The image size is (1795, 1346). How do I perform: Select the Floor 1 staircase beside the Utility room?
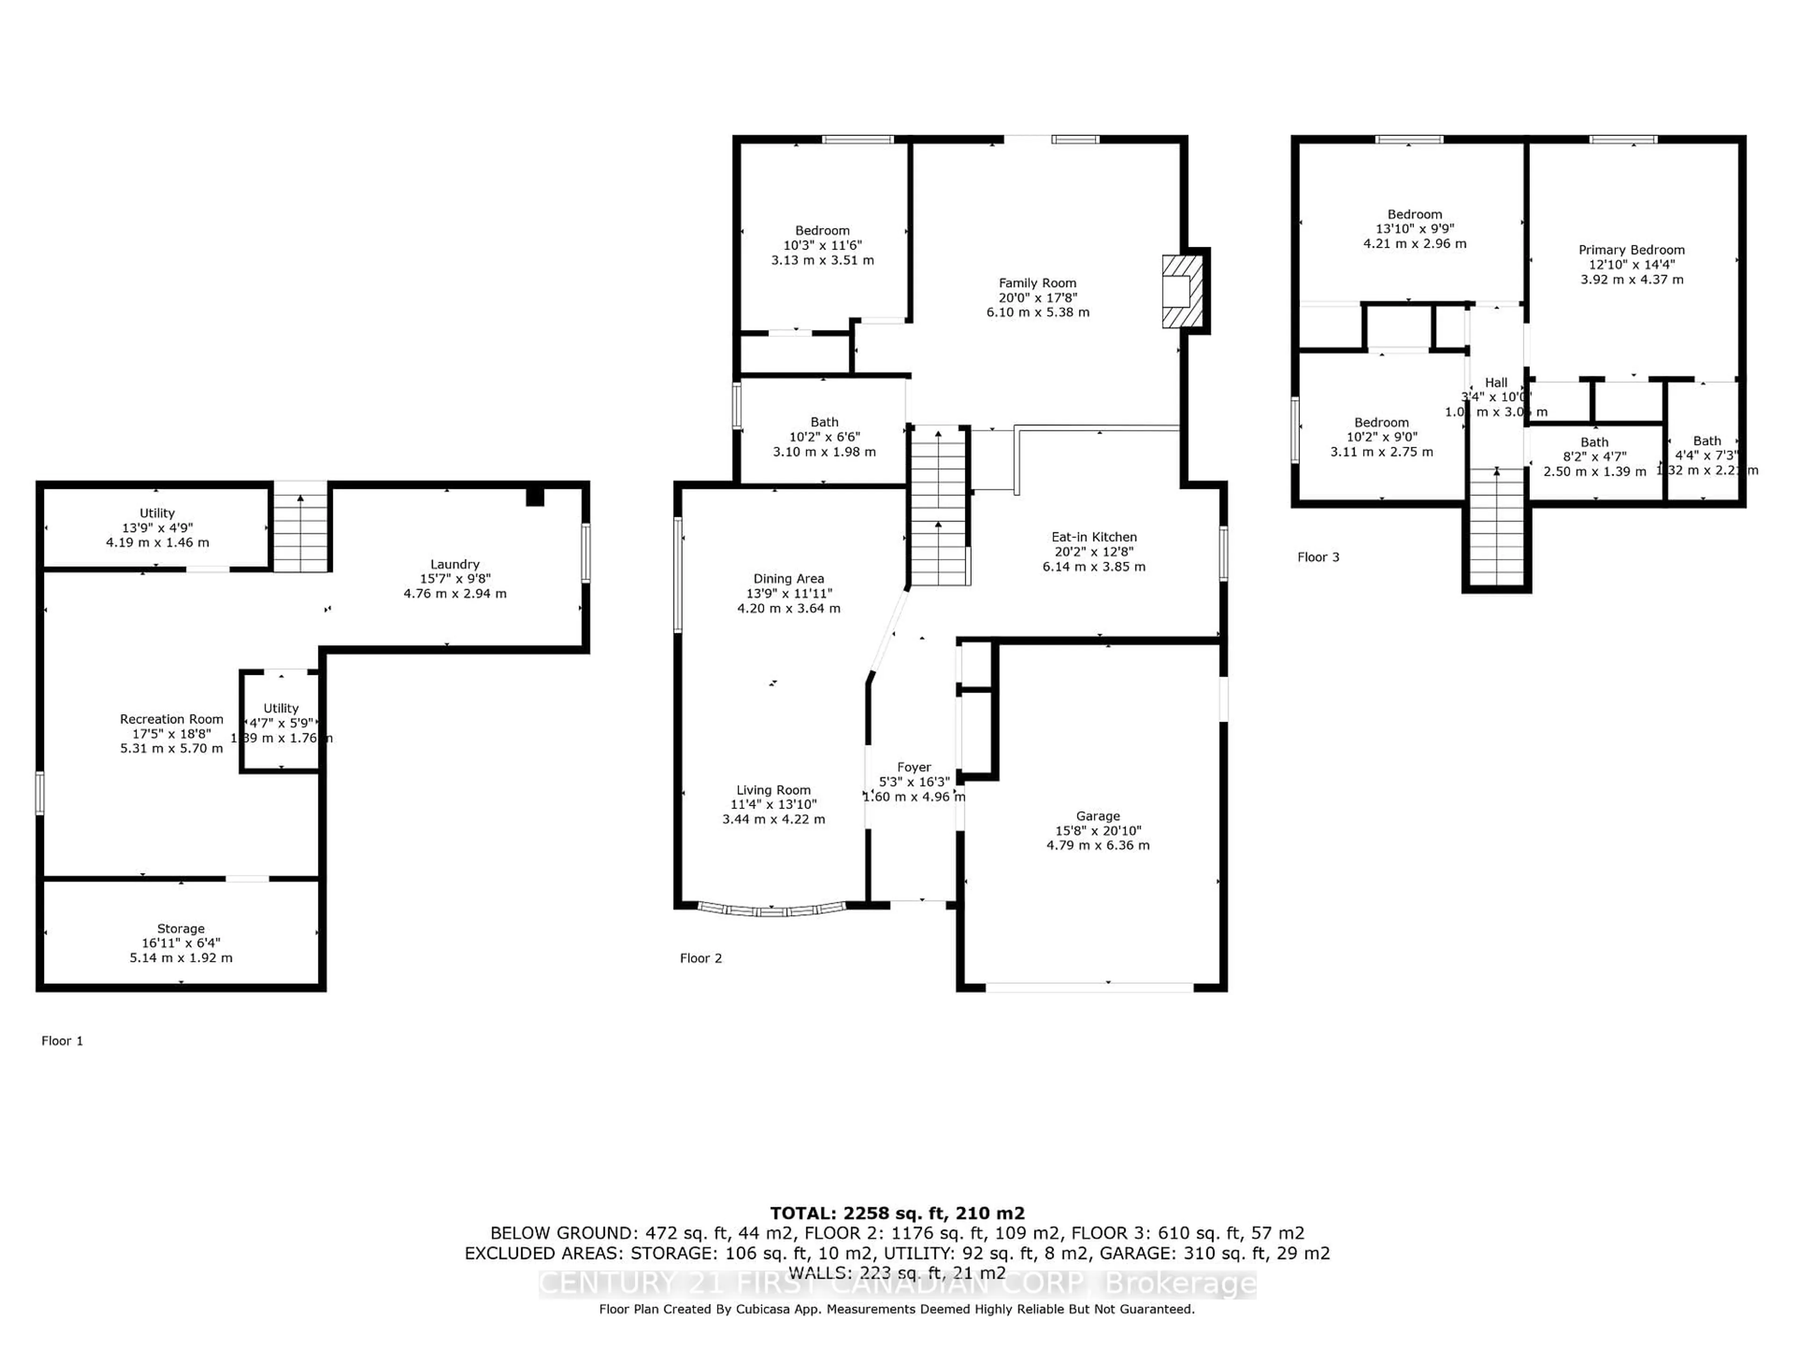[300, 531]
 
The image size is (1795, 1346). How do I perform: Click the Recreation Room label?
[171, 719]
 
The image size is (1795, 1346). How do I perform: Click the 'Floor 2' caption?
[700, 958]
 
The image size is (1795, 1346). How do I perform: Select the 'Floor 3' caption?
[1318, 557]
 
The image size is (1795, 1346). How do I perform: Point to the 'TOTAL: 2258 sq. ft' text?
[897, 1213]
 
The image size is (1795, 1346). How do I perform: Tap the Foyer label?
[914, 767]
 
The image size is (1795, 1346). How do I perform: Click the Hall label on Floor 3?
[1495, 382]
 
